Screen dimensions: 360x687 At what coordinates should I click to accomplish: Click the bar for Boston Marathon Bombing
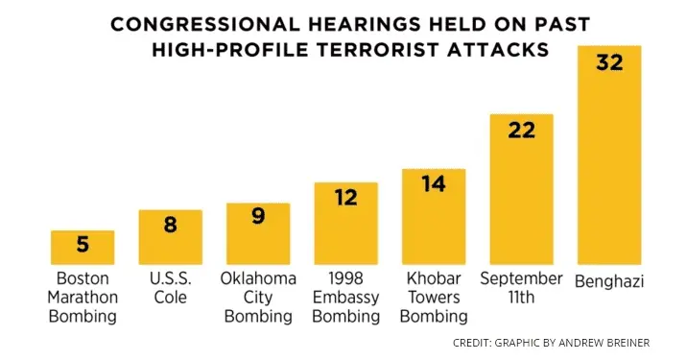pos(82,248)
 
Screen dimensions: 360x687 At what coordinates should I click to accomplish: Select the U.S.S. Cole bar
pos(170,237)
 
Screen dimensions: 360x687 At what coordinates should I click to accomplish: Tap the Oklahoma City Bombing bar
pos(257,233)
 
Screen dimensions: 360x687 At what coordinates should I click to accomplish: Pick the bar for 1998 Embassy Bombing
pos(345,223)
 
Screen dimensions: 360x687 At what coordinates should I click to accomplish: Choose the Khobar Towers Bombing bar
pos(433,216)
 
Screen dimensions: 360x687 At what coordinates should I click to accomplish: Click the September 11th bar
pos(521,189)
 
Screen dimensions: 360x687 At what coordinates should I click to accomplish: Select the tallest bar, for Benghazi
pos(608,154)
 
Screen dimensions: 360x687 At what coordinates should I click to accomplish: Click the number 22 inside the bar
pos(521,130)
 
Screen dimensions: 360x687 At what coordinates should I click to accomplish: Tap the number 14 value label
pos(433,184)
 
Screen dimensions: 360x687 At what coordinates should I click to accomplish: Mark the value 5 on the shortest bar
pos(82,245)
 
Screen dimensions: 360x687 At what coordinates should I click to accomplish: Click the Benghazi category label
pos(608,281)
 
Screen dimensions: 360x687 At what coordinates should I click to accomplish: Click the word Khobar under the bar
pos(433,278)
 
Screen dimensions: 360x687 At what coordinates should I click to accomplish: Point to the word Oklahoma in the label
pos(257,278)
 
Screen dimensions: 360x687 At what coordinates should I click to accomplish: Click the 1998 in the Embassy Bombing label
pos(345,278)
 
